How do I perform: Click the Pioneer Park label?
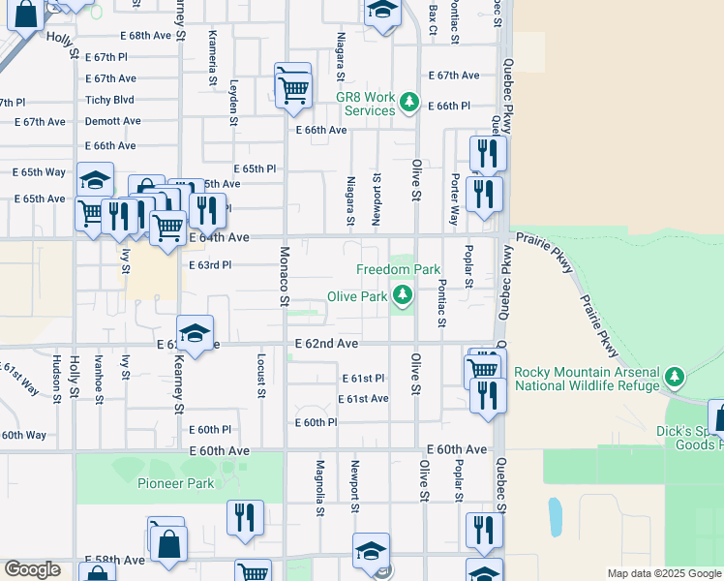coord(175,482)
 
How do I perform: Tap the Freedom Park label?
coord(398,269)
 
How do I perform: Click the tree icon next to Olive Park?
coord(401,296)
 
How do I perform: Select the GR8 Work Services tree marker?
coord(408,101)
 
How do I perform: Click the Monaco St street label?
coord(285,276)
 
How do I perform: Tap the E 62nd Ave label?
coord(326,344)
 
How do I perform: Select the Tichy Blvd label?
coord(109,100)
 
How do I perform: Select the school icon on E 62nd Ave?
coord(195,334)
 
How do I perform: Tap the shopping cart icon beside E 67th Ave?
coord(292,89)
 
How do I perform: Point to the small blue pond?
coord(555,517)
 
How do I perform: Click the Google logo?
coord(32,570)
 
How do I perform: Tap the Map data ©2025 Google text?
coord(662,573)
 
